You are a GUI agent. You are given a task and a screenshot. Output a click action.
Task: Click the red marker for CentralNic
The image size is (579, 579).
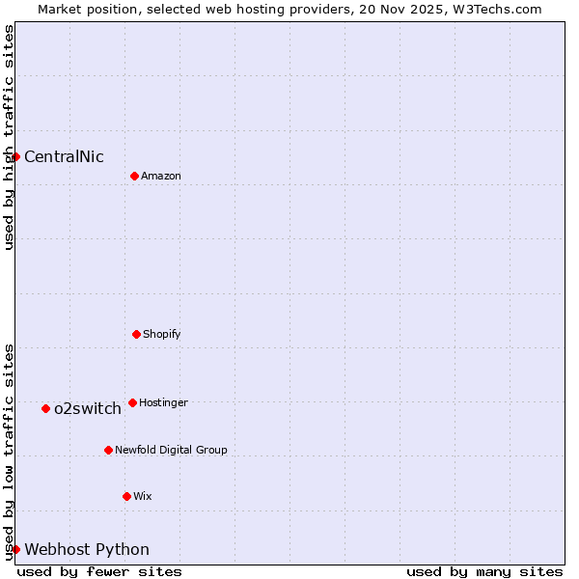(15, 156)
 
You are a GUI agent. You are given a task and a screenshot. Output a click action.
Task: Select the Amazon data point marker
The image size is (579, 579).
(134, 176)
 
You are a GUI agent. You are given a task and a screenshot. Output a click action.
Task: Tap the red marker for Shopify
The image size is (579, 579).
(136, 334)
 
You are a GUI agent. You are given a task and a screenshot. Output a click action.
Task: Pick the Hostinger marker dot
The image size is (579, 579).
(132, 402)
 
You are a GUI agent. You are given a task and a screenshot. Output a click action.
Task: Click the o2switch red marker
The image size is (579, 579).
(45, 408)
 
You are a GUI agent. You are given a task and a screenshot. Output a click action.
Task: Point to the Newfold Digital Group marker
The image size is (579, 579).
(108, 450)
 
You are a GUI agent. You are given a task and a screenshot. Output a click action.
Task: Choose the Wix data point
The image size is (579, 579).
(126, 496)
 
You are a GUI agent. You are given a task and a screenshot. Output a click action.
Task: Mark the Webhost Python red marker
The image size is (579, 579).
(15, 549)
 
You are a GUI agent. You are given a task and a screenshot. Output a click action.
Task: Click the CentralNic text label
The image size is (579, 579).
(64, 157)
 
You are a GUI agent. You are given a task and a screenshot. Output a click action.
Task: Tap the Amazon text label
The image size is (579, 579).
(160, 177)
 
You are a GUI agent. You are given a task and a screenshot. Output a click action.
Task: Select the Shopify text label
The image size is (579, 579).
(161, 335)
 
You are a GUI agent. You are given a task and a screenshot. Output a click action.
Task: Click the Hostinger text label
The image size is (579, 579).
(163, 403)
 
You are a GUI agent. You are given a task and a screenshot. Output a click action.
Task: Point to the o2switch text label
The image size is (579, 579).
(88, 409)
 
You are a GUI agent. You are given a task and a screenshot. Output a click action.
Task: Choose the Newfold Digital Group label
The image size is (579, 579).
(171, 451)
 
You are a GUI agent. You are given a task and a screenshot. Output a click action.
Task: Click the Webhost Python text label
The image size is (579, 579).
(87, 550)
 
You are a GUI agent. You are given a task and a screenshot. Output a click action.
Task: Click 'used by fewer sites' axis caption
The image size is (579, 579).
(99, 571)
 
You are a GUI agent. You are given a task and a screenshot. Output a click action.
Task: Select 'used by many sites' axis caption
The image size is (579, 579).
(484, 571)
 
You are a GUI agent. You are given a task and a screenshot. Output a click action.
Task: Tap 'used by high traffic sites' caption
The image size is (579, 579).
(9, 137)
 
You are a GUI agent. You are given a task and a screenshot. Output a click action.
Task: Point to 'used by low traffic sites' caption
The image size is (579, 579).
(9, 452)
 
